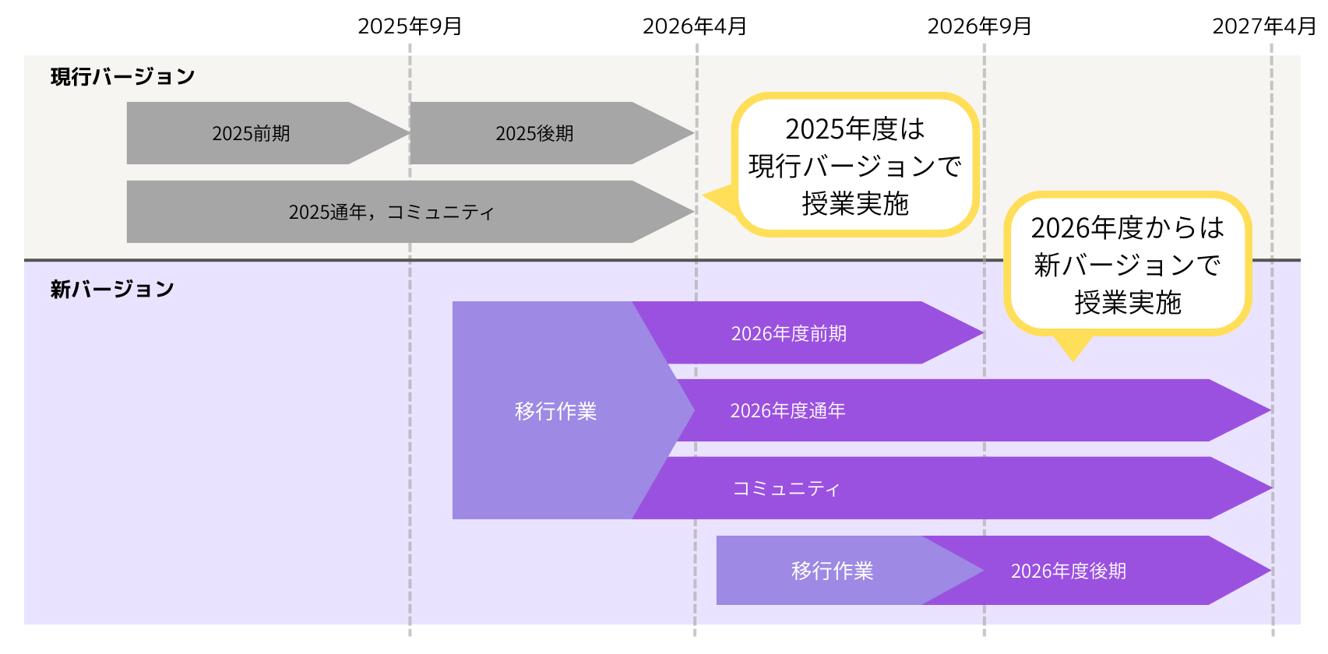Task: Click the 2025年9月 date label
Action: [410, 26]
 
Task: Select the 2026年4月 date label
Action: [695, 26]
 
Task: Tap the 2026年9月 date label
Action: [980, 26]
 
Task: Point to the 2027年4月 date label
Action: [1264, 26]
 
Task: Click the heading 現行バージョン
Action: [122, 76]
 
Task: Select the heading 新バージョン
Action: [112, 289]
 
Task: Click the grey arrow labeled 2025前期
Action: [251, 133]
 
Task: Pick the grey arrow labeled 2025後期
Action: [534, 133]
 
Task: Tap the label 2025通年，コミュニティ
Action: [391, 212]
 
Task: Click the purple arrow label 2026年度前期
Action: [788, 333]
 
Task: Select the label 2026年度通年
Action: [787, 410]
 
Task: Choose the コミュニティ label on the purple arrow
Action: [786, 488]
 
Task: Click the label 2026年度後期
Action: [1069, 571]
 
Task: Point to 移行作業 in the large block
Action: [555, 411]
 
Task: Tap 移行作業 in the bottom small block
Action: [832, 571]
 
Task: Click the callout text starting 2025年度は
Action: [855, 166]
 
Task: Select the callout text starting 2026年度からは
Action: [1127, 265]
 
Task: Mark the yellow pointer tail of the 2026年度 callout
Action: [1073, 347]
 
